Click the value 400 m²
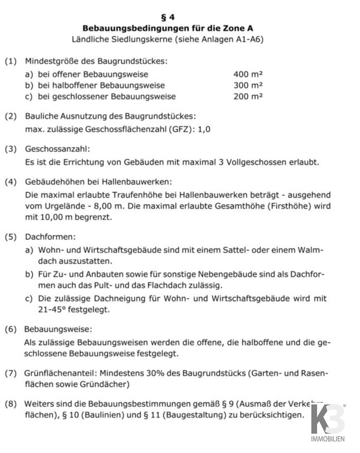[x=248, y=74]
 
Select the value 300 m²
[x=248, y=85]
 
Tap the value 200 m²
[x=248, y=96]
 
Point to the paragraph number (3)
[x=11, y=148]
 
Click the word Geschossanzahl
[x=57, y=148]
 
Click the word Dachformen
[x=50, y=237]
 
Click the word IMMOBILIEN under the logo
[x=328, y=439]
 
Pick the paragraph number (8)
[x=11, y=404]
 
